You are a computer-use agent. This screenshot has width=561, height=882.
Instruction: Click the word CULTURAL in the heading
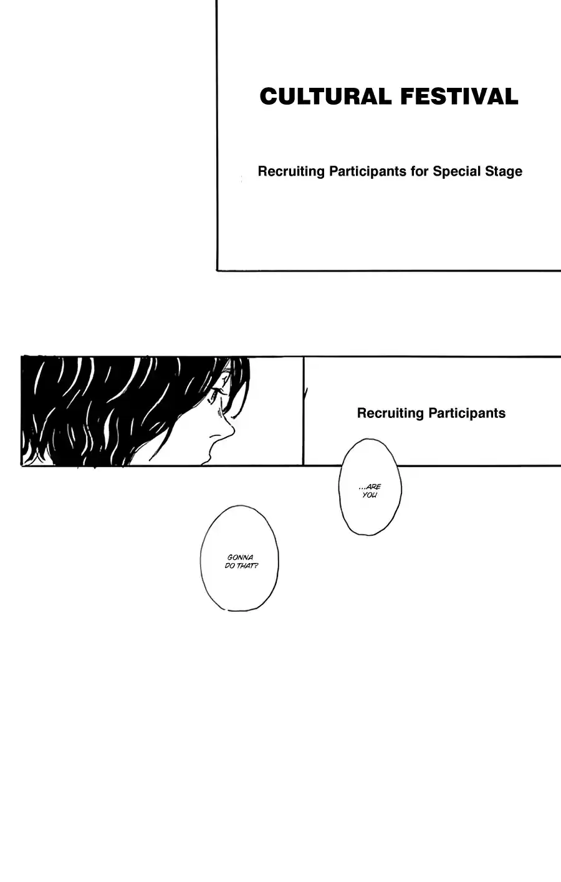(x=325, y=97)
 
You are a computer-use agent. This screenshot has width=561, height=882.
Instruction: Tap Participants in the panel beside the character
(x=467, y=414)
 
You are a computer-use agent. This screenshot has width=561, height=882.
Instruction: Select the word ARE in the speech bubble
(x=373, y=487)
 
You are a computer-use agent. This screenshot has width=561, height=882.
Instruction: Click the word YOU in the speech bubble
(x=370, y=495)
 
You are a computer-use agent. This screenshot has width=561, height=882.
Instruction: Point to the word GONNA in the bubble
(x=241, y=557)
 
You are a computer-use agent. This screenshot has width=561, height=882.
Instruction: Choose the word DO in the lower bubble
(x=229, y=566)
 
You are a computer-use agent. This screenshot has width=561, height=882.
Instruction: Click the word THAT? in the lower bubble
(x=247, y=566)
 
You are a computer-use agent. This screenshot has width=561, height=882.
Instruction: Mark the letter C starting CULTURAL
(x=269, y=97)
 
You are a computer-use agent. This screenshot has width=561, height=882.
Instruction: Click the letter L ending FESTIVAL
(x=511, y=97)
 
